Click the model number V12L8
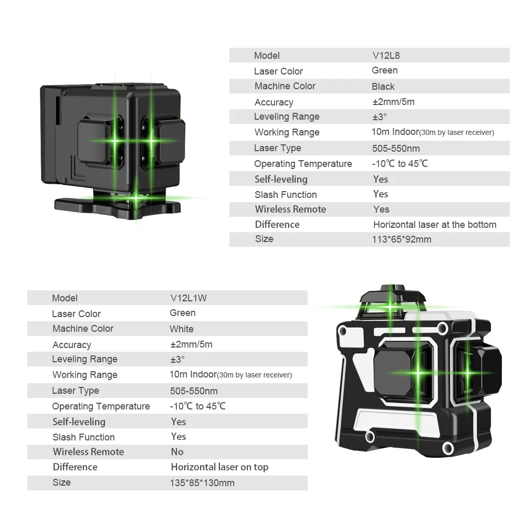point(386,55)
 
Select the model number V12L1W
point(188,298)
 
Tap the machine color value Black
point(383,86)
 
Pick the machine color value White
point(181,329)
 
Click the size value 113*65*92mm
point(402,239)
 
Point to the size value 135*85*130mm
point(202,482)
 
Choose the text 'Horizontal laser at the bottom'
point(434,224)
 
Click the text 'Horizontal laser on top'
point(219,467)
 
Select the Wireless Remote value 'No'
point(177,451)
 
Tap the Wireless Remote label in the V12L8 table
point(290,209)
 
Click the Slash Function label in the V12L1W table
point(83,437)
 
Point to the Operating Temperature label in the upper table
point(303,164)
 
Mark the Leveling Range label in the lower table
point(85,359)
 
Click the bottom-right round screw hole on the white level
point(447,448)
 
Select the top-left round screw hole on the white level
point(343,331)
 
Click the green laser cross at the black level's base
point(136,198)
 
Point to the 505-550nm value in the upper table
point(396,148)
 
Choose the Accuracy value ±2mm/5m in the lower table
point(191,344)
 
